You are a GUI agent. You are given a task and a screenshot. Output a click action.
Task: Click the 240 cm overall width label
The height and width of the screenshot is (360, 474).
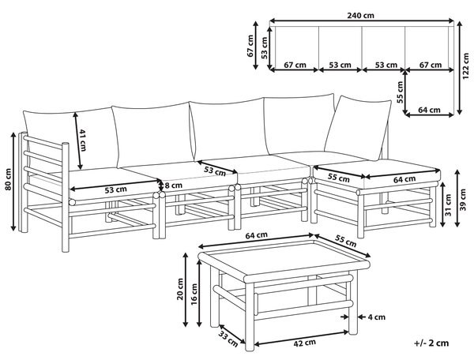pos(360,15)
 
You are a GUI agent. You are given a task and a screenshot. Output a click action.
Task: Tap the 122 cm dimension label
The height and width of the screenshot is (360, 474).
pos(466,66)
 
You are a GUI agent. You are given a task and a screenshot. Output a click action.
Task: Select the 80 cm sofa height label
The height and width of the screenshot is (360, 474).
pos(8,179)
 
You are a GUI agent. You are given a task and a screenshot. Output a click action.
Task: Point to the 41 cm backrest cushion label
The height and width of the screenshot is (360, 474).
pos(82,141)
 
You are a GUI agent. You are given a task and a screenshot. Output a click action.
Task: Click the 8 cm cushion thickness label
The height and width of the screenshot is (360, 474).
pos(174,185)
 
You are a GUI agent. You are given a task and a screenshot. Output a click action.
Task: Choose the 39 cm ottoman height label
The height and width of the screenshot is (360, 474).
pos(462,199)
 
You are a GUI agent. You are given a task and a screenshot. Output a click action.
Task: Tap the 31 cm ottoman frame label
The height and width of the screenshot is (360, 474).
pos(448,204)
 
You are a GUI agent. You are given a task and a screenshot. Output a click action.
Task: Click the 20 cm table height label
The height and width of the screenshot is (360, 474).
pos(180,289)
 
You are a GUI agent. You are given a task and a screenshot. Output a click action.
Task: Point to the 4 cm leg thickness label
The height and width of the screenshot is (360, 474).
pos(376,317)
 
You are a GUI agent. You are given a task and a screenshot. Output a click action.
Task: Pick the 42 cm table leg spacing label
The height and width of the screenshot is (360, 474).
pos(304,343)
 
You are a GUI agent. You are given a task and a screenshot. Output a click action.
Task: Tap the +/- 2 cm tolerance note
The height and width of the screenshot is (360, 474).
pos(431,343)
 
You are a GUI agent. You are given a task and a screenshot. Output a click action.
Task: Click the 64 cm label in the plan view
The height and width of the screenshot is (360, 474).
pos(429,110)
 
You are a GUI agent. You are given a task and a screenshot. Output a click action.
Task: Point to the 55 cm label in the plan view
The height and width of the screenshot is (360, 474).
pos(401,92)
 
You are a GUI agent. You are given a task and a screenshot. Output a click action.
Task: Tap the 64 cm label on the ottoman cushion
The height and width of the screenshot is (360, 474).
pos(404,179)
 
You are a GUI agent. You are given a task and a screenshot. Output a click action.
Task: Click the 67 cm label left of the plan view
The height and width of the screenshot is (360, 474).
pos(250,46)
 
